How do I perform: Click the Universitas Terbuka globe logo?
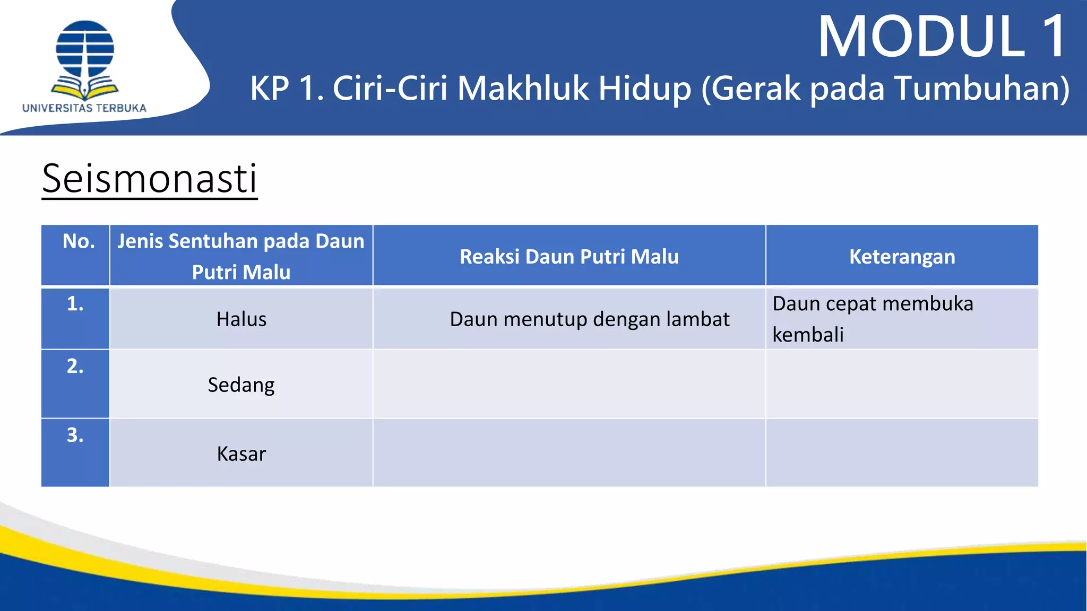[x=85, y=58]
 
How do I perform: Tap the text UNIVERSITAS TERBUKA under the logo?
[x=84, y=108]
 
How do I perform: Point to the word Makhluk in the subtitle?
[x=522, y=88]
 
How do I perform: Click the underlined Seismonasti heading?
[x=150, y=179]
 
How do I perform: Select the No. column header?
[x=79, y=242]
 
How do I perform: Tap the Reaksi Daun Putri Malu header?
[x=569, y=257]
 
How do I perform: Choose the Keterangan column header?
[x=902, y=257]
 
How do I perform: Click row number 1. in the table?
[x=75, y=304]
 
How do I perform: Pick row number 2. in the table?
[x=75, y=366]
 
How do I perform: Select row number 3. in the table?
[x=75, y=435]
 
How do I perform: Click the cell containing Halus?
[x=241, y=319]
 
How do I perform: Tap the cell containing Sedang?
[x=241, y=385]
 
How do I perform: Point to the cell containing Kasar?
[x=241, y=454]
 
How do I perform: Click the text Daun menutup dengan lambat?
[x=589, y=319]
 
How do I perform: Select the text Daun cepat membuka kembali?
[x=873, y=319]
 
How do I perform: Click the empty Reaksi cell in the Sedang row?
[x=569, y=384]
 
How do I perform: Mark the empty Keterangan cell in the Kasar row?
[x=902, y=453]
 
